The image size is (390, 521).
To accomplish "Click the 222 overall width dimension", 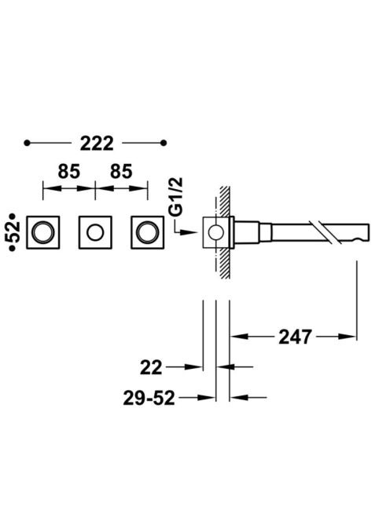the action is click(x=97, y=144).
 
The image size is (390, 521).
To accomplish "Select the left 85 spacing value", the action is click(x=69, y=172).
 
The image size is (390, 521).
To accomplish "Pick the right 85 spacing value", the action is click(x=121, y=172).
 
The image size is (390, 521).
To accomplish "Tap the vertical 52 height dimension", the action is click(x=13, y=232).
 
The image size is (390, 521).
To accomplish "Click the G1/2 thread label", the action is click(x=178, y=198).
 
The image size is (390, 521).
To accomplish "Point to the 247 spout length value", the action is click(x=295, y=337).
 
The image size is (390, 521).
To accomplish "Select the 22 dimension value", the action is click(x=151, y=367).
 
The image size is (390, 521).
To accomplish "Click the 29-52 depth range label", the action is click(x=149, y=398).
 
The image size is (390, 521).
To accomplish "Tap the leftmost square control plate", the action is click(x=43, y=232).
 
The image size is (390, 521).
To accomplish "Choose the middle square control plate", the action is click(x=95, y=232).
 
